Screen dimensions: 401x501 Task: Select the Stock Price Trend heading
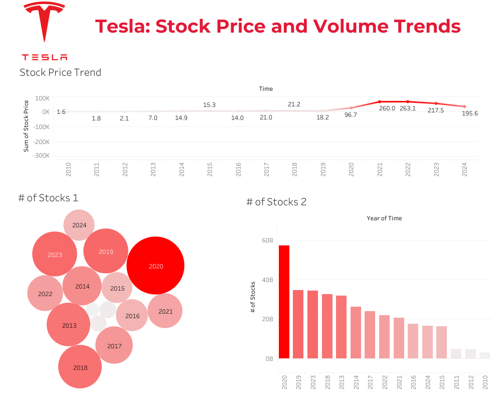click(60, 72)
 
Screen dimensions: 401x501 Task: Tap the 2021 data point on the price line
click(379, 102)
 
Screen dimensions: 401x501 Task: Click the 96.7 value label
click(351, 115)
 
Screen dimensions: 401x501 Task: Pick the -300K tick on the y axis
click(41, 156)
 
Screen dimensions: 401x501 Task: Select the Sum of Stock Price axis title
click(26, 125)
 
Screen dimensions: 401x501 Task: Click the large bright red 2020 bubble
click(155, 265)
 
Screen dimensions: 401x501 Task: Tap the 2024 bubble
click(79, 225)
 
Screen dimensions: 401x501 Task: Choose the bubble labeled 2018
click(80, 367)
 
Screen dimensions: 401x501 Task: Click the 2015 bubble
click(117, 288)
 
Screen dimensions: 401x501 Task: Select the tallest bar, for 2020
click(284, 302)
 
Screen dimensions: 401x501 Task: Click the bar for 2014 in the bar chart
click(356, 332)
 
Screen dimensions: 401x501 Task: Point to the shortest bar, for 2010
click(484, 355)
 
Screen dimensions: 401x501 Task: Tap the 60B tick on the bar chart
click(267, 240)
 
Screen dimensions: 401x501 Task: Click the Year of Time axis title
click(384, 218)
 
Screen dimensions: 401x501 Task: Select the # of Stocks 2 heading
click(276, 202)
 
